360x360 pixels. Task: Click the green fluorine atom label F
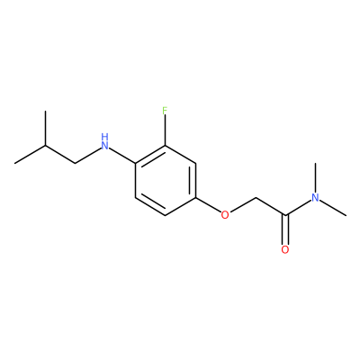(x=165, y=111)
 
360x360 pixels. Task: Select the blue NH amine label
(x=104, y=141)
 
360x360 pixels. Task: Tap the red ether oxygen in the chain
(x=225, y=215)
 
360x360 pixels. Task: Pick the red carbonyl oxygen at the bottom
(x=285, y=249)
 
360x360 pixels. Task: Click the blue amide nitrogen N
(x=315, y=198)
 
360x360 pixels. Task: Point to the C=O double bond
(x=285, y=229)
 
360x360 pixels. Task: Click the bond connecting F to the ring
(x=165, y=131)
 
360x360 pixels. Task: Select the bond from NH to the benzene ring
(x=123, y=156)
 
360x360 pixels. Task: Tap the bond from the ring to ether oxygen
(x=208, y=205)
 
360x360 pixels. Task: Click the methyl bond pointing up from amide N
(x=315, y=178)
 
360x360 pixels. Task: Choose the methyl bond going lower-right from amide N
(x=333, y=208)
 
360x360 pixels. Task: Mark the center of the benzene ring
(x=165, y=180)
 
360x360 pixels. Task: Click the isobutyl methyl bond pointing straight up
(x=45, y=129)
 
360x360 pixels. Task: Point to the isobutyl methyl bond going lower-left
(x=30, y=155)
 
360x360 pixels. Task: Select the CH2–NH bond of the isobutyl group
(x=87, y=156)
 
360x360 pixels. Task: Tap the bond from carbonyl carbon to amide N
(x=298, y=208)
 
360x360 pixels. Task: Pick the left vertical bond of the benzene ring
(x=135, y=180)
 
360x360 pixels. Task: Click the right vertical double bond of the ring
(x=193, y=180)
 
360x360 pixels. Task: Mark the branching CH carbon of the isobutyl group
(x=45, y=146)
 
